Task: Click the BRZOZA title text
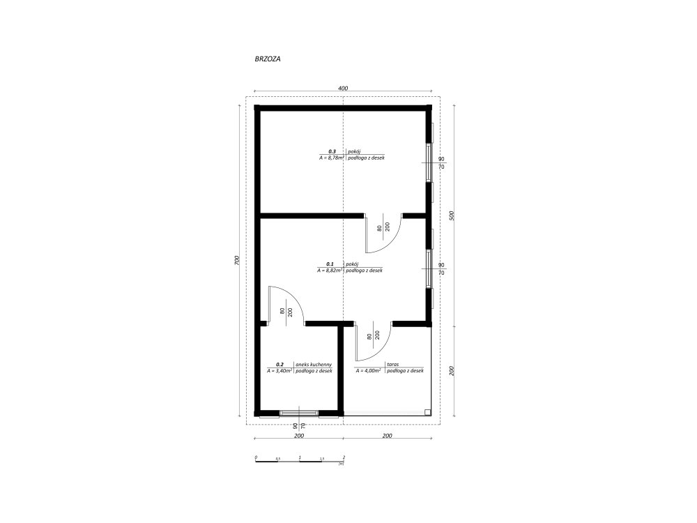coord(268,59)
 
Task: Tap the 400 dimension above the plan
coord(343,88)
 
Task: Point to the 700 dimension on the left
coord(237,261)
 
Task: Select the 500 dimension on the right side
coord(452,215)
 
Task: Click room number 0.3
coord(332,151)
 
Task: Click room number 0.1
coord(330,264)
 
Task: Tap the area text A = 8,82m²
coord(330,270)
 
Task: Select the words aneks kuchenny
coord(314,364)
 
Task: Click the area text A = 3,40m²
coord(279,370)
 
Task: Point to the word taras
coord(392,364)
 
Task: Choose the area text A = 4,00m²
coord(368,370)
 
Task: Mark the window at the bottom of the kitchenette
coord(299,413)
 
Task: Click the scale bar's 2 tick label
coord(344,457)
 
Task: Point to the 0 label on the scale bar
coord(256,457)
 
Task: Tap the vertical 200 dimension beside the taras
coord(452,371)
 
